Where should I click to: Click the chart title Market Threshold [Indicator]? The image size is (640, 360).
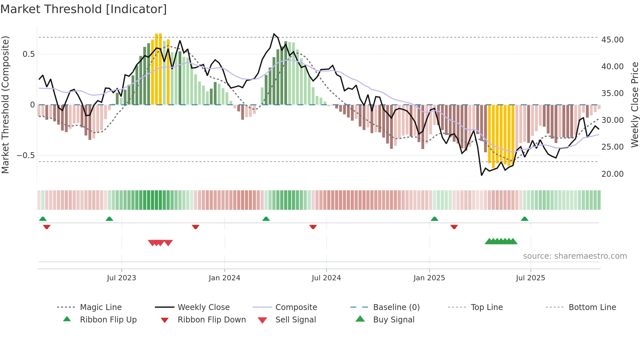click(84, 9)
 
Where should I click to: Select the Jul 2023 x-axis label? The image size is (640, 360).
click(121, 278)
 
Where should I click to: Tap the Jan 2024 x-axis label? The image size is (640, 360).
click(224, 278)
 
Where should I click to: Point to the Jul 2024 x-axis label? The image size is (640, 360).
click(326, 278)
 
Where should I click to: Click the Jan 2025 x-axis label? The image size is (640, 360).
click(429, 278)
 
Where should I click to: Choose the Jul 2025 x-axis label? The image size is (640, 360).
click(530, 278)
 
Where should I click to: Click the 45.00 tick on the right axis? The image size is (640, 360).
click(612, 40)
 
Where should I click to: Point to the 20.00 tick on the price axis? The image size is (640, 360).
click(612, 174)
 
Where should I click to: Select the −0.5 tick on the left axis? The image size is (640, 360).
click(25, 155)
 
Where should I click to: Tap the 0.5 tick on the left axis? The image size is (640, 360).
click(28, 54)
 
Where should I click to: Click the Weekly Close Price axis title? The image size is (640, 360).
click(634, 105)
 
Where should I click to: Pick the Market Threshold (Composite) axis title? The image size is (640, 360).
click(5, 105)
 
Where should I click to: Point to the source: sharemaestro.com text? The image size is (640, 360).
click(575, 256)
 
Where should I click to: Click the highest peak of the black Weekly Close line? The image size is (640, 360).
click(274, 34)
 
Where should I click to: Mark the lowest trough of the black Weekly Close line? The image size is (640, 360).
click(482, 175)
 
